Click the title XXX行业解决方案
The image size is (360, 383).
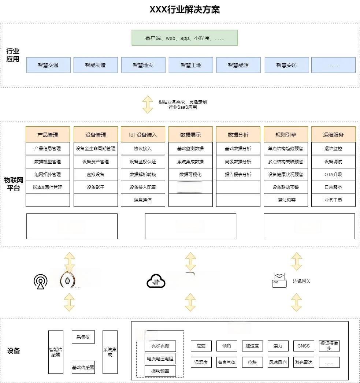pos(185,10)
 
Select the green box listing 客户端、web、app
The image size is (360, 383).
pos(185,38)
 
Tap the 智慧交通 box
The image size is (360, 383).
pos(48,65)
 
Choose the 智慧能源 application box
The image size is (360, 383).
pos(238,65)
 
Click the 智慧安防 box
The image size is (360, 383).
pos(286,65)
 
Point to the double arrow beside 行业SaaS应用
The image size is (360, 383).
pos(148,104)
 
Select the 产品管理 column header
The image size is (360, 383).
pos(48,135)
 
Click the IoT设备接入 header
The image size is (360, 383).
pos(143,135)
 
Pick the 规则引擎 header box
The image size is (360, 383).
pos(286,135)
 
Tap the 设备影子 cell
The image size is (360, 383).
pos(96,187)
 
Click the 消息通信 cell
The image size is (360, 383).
pos(143,200)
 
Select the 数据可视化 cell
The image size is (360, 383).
pos(190,174)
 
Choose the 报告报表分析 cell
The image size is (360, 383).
pos(238,174)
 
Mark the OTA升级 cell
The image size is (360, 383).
pos(333,174)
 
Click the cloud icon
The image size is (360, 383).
pos(156,282)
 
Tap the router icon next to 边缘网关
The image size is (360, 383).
pos(279,281)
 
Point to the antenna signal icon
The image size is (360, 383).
pos(40,281)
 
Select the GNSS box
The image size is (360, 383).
pos(304,346)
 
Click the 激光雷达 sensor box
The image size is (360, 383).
pos(304,362)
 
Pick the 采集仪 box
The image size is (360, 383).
pos(83,337)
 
